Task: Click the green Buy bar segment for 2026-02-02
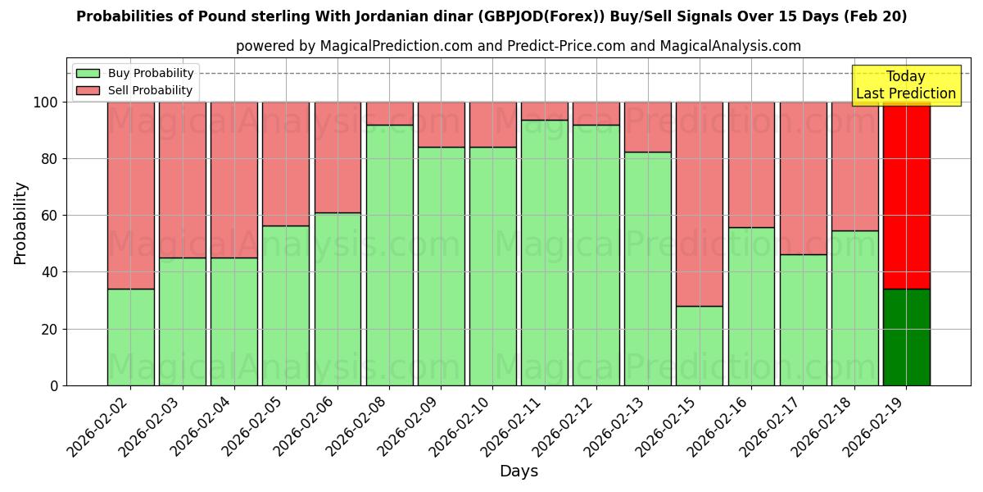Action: pyautogui.click(x=130, y=337)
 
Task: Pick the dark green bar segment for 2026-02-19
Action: pyautogui.click(x=906, y=337)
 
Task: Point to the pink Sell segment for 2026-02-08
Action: pyautogui.click(x=389, y=113)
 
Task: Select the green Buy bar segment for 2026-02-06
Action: pyautogui.click(x=337, y=298)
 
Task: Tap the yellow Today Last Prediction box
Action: pyautogui.click(x=905, y=85)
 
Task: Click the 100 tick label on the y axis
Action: pyautogui.click(x=44, y=102)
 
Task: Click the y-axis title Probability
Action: pyautogui.click(x=20, y=223)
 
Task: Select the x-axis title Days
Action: pyautogui.click(x=519, y=471)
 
